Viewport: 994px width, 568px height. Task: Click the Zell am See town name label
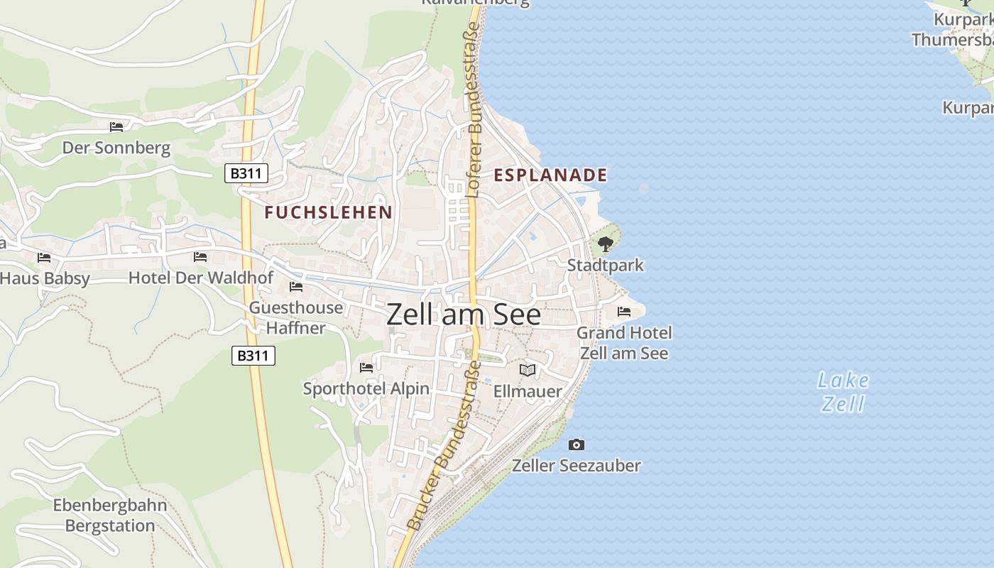coord(464,315)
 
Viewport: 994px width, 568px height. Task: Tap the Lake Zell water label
coord(843,392)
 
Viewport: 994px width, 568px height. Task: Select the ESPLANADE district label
coord(550,175)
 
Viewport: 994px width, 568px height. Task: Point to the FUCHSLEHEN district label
coord(328,212)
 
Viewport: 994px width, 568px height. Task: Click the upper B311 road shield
coord(246,173)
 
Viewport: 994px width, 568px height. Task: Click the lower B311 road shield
coord(253,356)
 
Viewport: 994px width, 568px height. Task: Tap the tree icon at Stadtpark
coord(605,245)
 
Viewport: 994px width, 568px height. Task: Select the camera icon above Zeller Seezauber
coord(577,444)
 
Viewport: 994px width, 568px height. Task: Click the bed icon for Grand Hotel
coord(624,312)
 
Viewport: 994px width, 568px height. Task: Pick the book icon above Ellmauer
coord(527,370)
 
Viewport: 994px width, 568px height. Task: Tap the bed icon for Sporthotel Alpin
coord(366,367)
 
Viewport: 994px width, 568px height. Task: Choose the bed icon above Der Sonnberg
coord(116,127)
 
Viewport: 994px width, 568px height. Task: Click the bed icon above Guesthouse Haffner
coord(296,287)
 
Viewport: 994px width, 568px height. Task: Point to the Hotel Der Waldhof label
coord(200,278)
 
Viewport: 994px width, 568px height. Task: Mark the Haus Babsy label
coord(45,278)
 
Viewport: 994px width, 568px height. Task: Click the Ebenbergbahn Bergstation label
coord(110,516)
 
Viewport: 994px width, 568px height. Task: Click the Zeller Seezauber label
coord(577,466)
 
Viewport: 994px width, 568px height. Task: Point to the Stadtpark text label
coord(605,266)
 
